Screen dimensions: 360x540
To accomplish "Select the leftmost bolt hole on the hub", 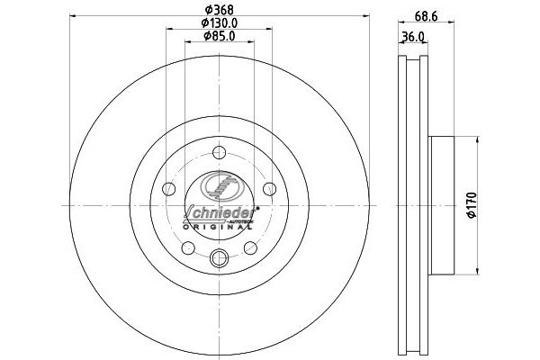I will (x=169, y=189).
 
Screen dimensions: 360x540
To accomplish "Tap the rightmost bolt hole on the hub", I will (x=269, y=189).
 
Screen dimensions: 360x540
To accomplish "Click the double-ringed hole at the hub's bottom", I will (x=219, y=260).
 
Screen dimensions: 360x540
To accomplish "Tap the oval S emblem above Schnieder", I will (x=219, y=187).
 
